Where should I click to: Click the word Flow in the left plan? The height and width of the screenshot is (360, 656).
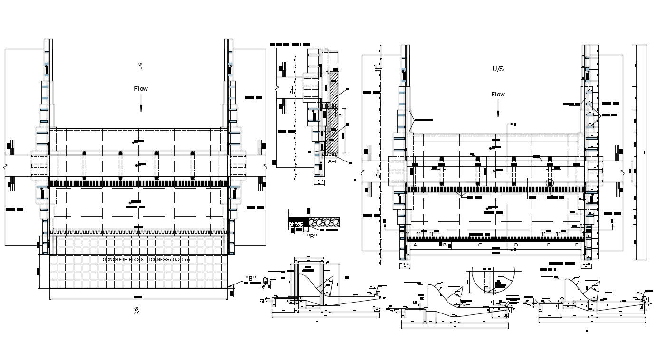[141, 89]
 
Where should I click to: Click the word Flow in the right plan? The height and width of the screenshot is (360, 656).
[498, 95]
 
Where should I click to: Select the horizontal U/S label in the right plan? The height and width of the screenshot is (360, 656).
[498, 69]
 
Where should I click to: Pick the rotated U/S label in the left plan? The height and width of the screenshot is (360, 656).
[140, 66]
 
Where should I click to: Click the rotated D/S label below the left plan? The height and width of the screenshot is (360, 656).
[136, 312]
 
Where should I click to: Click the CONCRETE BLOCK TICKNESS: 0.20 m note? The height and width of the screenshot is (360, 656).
[146, 259]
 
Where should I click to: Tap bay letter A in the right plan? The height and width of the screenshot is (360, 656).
[415, 245]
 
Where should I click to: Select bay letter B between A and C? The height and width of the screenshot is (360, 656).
[445, 245]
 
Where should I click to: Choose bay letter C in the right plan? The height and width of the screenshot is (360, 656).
[480, 245]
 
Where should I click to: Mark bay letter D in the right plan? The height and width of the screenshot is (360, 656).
[516, 245]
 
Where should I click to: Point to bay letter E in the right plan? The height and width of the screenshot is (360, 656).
[548, 245]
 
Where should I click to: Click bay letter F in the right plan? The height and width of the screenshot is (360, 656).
[577, 245]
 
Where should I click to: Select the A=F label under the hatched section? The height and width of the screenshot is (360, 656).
[333, 161]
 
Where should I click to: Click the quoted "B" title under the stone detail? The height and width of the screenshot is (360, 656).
[312, 236]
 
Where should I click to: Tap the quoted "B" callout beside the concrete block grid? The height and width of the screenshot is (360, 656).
[251, 278]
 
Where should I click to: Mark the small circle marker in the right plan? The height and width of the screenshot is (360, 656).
[550, 183]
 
